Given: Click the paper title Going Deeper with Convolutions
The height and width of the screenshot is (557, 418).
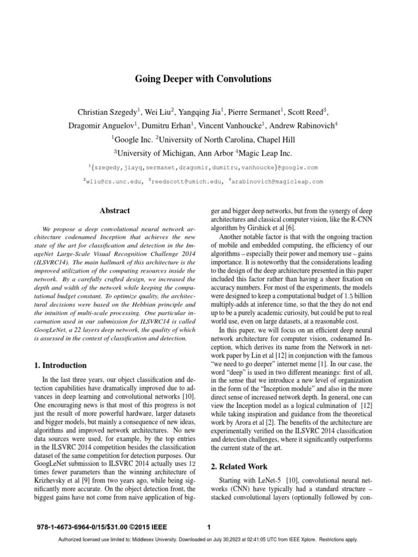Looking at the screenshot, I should pyautogui.click(x=202, y=79).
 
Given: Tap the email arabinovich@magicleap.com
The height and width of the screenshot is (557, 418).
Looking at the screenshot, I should pyautogui.click(x=278, y=181).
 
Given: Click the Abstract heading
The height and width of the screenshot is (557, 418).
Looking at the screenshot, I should pyautogui.click(x=115, y=211).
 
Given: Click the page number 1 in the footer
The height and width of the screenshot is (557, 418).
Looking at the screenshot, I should pyautogui.click(x=209, y=526).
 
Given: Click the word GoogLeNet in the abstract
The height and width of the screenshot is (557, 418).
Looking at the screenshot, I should pyautogui.click(x=50, y=330).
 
